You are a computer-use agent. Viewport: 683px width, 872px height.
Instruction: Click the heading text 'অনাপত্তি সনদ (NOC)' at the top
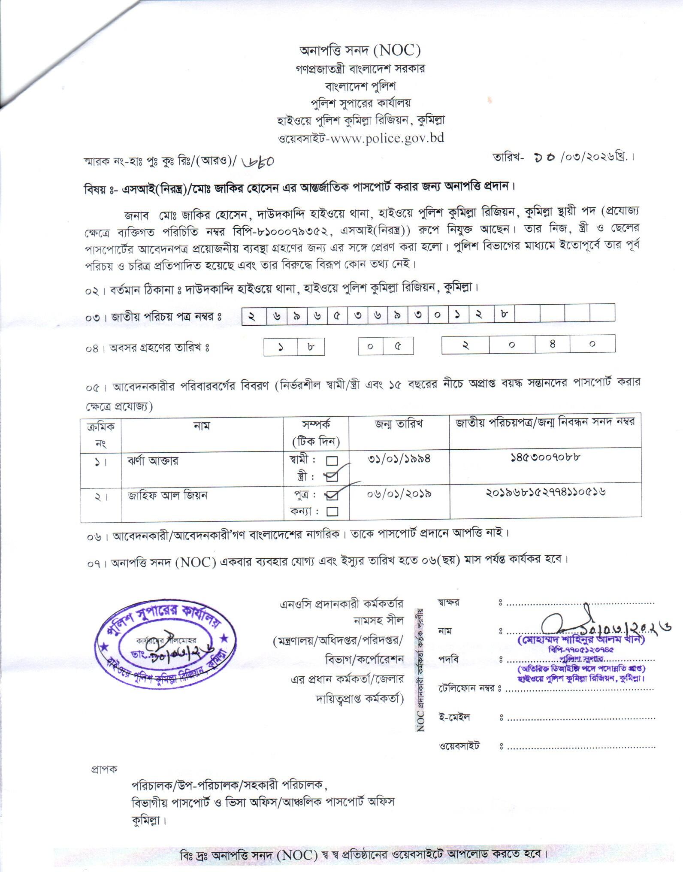tap(360, 51)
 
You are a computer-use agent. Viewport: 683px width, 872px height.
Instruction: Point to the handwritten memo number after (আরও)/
tap(258, 161)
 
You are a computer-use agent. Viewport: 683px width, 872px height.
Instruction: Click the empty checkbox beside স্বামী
tap(332, 461)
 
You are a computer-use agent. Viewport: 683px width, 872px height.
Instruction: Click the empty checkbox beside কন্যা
tap(332, 511)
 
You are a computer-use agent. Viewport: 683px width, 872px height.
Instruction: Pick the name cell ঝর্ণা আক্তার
tap(153, 461)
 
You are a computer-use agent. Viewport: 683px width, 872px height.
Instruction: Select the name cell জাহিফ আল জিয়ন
tap(167, 496)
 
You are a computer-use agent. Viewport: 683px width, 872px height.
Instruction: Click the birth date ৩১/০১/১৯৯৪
tap(399, 459)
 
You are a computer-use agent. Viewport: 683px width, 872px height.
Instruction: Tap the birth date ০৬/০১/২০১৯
tap(399, 494)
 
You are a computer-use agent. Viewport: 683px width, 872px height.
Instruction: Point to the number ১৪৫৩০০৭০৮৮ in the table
tap(545, 457)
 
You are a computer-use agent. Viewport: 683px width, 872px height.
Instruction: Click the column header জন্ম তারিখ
tap(399, 424)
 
